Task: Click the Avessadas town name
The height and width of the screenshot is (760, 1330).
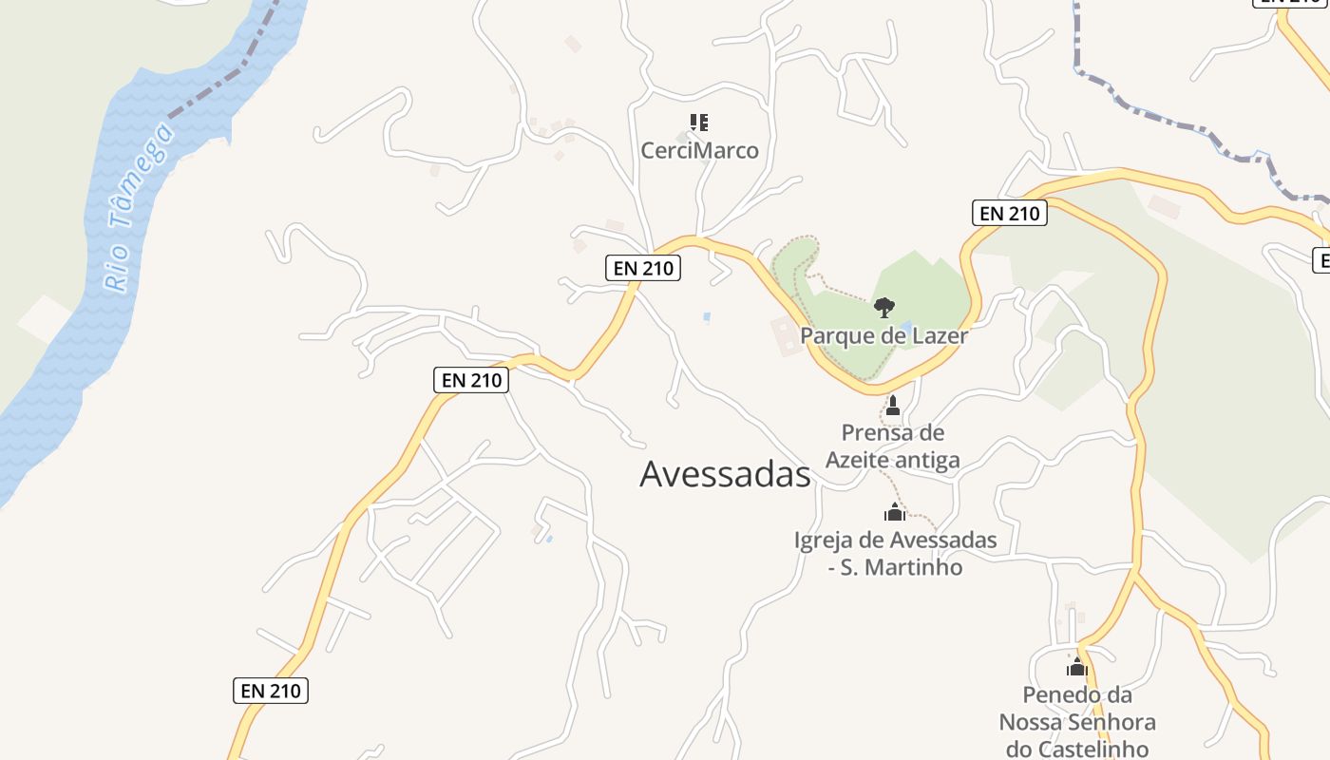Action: (725, 473)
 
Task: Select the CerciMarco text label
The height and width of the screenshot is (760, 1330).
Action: (699, 150)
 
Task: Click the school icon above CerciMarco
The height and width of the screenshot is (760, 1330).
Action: (699, 123)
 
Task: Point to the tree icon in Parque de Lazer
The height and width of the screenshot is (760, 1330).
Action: (883, 307)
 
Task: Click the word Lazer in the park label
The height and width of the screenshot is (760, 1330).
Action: (938, 335)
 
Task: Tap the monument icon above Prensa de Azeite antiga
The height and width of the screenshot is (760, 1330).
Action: (892, 407)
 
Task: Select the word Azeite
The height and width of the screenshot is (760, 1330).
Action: (861, 460)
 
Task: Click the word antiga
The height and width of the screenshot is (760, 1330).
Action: (930, 460)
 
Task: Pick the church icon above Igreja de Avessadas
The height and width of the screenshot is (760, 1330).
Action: (894, 513)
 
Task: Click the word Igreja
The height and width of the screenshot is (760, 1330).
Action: (825, 541)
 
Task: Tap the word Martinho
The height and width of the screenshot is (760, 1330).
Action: (919, 567)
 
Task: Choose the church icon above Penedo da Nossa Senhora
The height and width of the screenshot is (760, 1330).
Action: (1076, 667)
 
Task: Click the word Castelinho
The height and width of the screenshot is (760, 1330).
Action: (1091, 749)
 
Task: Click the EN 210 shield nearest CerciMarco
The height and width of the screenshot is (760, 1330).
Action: (643, 268)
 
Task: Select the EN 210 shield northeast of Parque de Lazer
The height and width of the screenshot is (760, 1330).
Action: (1009, 213)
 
